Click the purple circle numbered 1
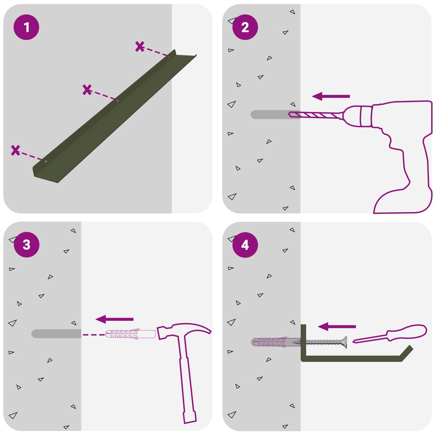click(x=26, y=27)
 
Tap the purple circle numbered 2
click(x=245, y=27)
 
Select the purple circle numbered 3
click(x=26, y=244)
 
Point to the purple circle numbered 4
click(x=245, y=245)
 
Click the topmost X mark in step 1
click(x=140, y=46)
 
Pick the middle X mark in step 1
click(x=87, y=90)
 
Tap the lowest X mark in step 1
click(x=15, y=150)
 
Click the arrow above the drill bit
click(x=331, y=96)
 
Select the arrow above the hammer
click(x=114, y=319)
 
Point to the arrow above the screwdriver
click(x=337, y=326)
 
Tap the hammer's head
click(x=184, y=331)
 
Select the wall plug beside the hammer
click(x=130, y=334)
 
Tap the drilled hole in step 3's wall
click(x=56, y=334)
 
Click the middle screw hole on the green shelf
click(x=117, y=101)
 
